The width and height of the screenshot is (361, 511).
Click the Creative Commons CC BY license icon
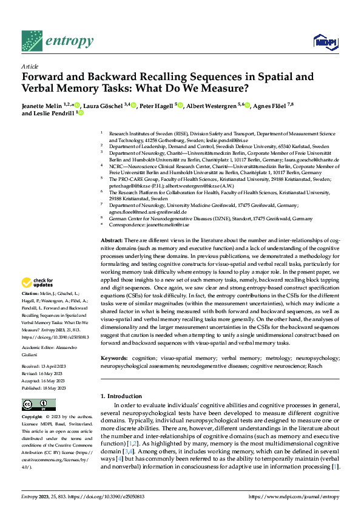38,405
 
